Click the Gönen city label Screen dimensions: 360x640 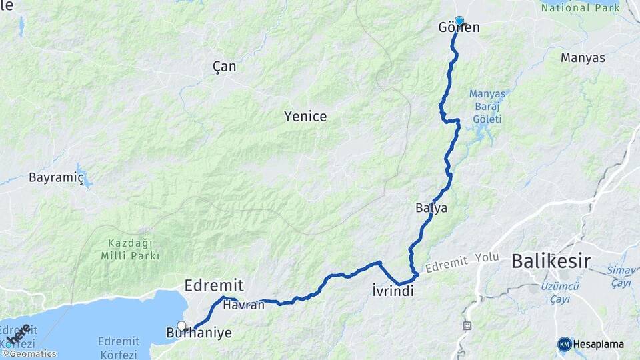[x=459, y=28]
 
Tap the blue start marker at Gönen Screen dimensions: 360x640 [x=459, y=21]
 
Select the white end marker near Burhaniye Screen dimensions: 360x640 [x=181, y=326]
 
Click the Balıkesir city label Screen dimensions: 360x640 [x=551, y=261]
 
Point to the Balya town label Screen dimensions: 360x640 [x=431, y=209]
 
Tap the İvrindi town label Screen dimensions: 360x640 [x=393, y=291]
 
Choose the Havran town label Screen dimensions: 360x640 [x=244, y=305]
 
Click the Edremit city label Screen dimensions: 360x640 [x=213, y=285]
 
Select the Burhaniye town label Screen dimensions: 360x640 [x=200, y=331]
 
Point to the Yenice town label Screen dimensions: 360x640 [x=305, y=117]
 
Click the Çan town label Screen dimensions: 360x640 [x=224, y=67]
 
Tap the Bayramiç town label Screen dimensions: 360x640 [x=56, y=178]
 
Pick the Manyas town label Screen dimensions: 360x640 [x=583, y=58]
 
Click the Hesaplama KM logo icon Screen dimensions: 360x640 [x=565, y=344]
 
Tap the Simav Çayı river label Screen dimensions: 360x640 [x=621, y=277]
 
